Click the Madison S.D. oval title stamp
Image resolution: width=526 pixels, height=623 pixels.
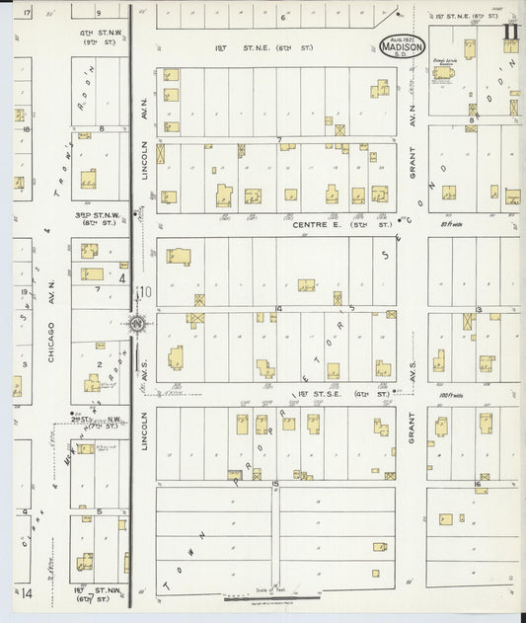tap(403, 46)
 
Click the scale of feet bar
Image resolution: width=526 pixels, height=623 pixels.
tap(271, 597)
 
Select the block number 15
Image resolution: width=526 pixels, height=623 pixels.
tap(276, 483)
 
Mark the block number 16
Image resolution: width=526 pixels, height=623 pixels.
tap(476, 485)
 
